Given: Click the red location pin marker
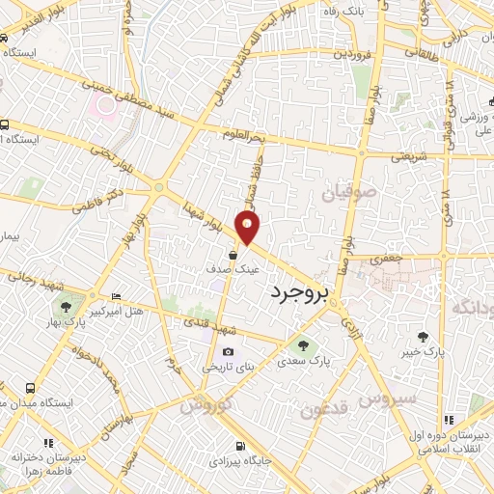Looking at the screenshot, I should [249, 228].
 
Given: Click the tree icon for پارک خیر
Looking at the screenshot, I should [422, 336].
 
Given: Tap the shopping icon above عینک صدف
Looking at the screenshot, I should [234, 255].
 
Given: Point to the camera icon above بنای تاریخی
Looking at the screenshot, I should [228, 352].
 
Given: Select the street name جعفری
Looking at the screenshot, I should [382, 260].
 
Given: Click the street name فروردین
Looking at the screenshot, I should [353, 54].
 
